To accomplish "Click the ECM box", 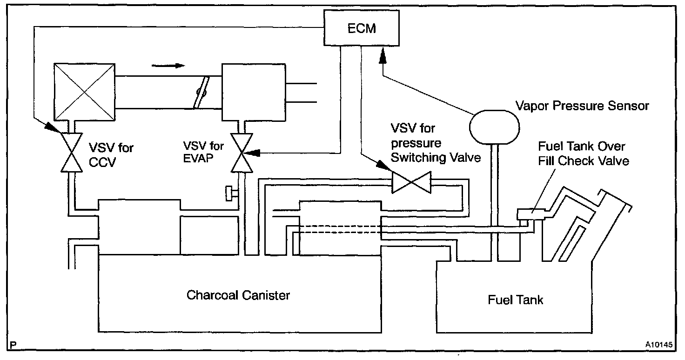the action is tap(362, 28).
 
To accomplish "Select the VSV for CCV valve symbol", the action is tap(72, 153).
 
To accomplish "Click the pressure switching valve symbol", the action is tap(411, 182).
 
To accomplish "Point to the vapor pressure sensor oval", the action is tap(494, 127).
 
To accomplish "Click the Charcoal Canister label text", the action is tap(238, 295).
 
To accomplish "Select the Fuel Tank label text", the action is tap(515, 300).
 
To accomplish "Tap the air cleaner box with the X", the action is tap(84, 92).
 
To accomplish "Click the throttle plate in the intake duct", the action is tap(201, 92).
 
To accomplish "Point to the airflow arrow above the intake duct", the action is tap(168, 66).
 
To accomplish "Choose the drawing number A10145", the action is tap(658, 345).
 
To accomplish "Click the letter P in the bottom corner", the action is tap(13, 345).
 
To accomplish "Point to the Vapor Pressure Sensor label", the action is tap(582, 106).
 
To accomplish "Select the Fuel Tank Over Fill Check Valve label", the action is tap(583, 153).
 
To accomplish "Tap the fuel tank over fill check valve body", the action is tap(531, 214).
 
